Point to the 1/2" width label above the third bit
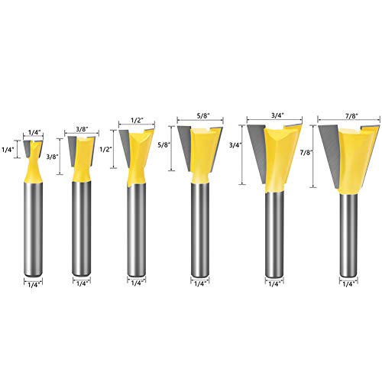coord(138,119)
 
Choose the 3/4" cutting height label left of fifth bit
coord(236,147)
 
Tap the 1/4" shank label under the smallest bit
coord(33,283)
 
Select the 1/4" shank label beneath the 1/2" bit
coord(137,283)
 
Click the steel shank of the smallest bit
coord(34,229)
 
